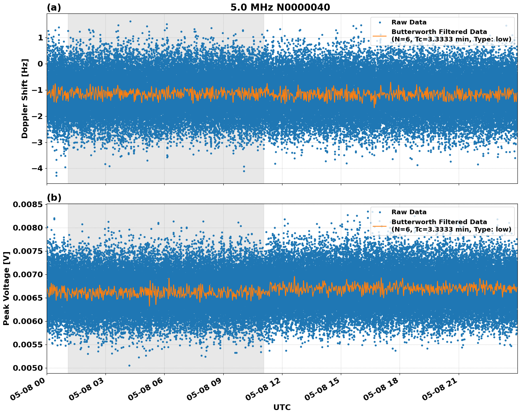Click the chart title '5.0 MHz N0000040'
280,7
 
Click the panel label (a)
54,7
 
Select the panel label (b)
54,198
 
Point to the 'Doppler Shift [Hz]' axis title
25,98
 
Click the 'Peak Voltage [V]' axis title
6,288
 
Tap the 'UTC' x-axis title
282,407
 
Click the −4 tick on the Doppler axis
37,168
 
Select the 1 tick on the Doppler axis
40,38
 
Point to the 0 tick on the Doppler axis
40,64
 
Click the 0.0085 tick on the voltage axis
28,205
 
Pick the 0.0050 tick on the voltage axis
28,368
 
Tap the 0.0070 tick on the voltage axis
28,274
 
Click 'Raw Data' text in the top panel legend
409,22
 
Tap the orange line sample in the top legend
380,36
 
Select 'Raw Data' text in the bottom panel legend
409,212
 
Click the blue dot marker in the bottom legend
380,212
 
